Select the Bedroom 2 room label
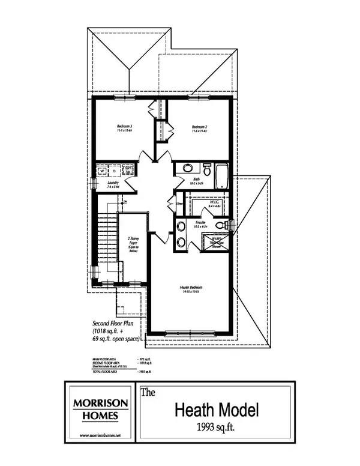200,127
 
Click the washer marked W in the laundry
102,171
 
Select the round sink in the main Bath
187,168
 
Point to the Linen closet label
179,204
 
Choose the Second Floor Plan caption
116,322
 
